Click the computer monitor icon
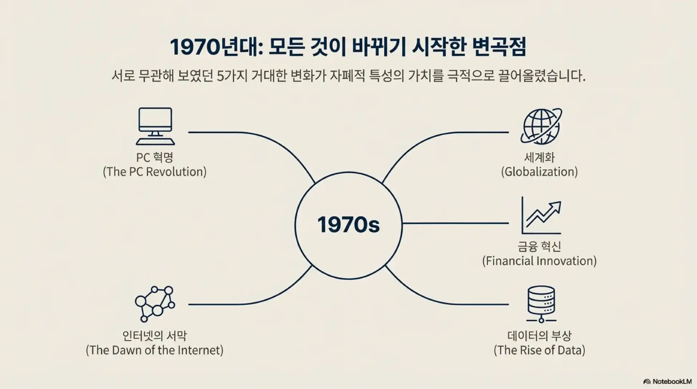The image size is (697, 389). click(x=155, y=126)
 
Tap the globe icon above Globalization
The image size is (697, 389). click(x=541, y=126)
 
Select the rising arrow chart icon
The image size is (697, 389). click(x=541, y=216)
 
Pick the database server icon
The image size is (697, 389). click(x=541, y=304)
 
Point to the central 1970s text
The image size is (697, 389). click(x=348, y=225)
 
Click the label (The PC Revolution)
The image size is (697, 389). click(x=155, y=172)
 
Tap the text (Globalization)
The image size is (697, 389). click(x=539, y=172)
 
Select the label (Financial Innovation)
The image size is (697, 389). click(x=539, y=261)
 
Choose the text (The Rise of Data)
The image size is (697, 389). click(x=539, y=350)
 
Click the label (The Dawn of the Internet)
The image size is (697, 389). click(x=155, y=350)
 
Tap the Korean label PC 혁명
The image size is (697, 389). click(x=155, y=157)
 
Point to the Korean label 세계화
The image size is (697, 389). click(x=539, y=157)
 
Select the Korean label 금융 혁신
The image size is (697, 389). click(x=539, y=247)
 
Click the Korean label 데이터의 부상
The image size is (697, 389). click(x=539, y=336)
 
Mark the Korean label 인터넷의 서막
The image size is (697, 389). click(x=155, y=336)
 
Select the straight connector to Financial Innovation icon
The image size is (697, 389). click(x=455, y=223)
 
